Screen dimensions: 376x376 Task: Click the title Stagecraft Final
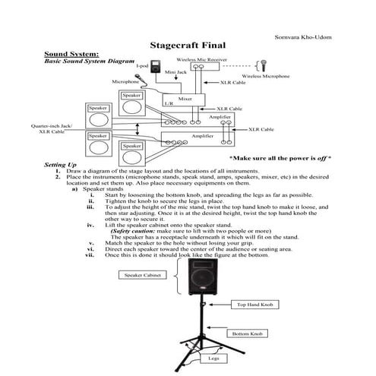click(188, 45)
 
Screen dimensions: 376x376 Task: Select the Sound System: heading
click(71, 54)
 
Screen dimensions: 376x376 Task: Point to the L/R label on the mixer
click(169, 104)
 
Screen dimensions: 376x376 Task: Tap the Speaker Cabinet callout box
click(142, 277)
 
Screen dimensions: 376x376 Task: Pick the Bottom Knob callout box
click(247, 333)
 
